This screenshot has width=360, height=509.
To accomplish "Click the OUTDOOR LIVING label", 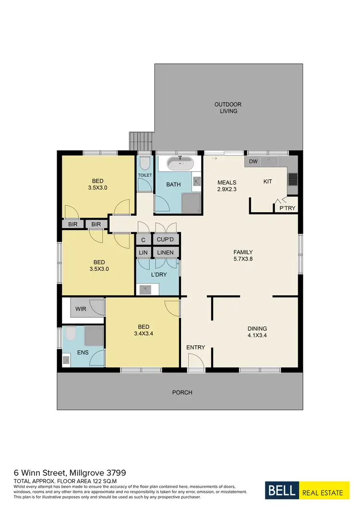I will [x=228, y=108].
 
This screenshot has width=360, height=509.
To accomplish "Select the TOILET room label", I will [x=145, y=175].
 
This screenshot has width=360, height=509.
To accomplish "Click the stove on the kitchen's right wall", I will [x=292, y=179].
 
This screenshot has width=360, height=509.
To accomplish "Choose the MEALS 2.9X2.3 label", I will [x=227, y=186].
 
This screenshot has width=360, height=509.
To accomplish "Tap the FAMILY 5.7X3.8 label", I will [x=243, y=255].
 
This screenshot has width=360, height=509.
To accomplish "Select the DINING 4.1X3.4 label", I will [x=257, y=332].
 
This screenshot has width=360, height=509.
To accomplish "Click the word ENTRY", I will [x=195, y=347].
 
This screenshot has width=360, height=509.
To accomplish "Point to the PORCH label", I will [x=182, y=392].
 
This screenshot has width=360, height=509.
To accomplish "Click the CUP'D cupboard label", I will [x=166, y=239].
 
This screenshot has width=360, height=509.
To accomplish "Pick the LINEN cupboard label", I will [x=166, y=252].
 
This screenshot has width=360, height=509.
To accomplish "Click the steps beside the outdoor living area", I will [x=142, y=141].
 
